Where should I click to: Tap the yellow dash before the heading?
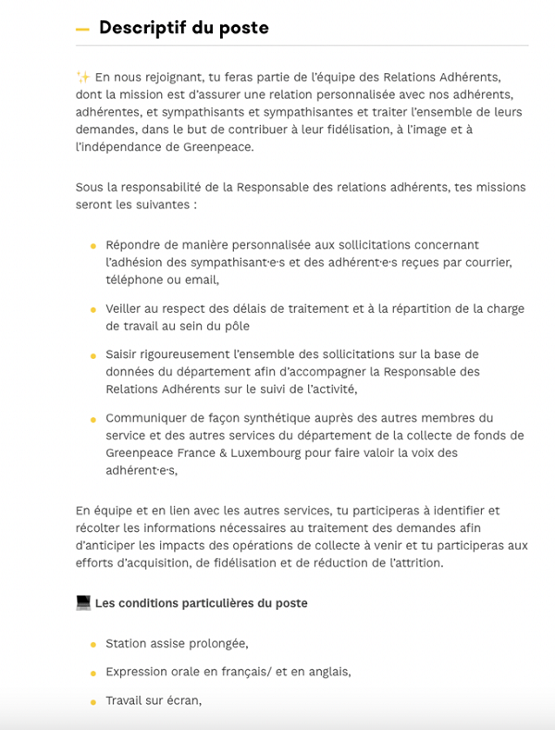click(x=82, y=30)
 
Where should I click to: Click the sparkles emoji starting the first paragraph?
click(x=82, y=77)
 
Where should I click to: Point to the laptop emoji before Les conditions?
click(x=83, y=603)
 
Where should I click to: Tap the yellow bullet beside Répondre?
click(x=92, y=246)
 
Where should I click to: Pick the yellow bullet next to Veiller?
click(x=92, y=310)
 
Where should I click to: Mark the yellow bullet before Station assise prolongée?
click(x=92, y=645)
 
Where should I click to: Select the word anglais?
click(x=324, y=672)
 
